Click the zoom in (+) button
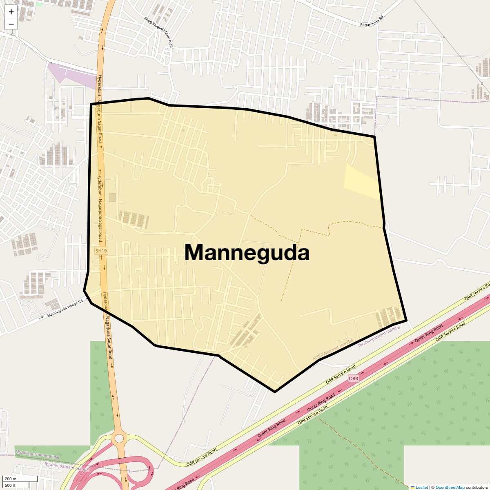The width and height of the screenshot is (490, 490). (11, 12)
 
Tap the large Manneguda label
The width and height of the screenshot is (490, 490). (247, 252)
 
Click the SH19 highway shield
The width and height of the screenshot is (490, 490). (101, 251)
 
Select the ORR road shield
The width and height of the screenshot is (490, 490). (354, 379)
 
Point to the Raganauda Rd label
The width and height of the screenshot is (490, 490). (372, 22)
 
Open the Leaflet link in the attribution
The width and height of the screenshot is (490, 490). (422, 487)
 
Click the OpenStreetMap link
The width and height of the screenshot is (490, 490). (450, 487)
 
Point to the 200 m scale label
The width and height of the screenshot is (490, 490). (11, 479)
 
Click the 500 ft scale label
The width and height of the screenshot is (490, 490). (10, 486)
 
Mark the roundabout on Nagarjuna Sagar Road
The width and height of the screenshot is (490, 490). (119, 438)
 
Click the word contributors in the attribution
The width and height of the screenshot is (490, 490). (477, 487)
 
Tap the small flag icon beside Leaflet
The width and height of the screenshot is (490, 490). (412, 487)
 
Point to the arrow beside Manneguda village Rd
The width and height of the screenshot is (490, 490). (42, 317)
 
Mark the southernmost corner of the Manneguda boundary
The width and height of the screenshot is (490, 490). (275, 392)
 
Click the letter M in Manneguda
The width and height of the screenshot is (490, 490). (196, 252)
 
